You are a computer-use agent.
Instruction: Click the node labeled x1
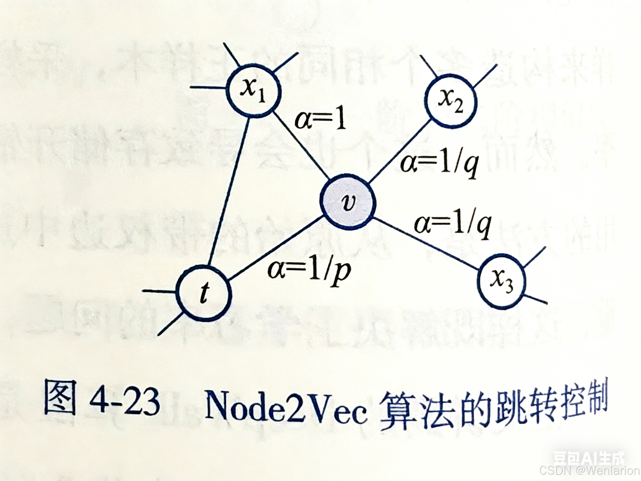[253, 92]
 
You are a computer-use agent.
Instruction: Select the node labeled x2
[450, 101]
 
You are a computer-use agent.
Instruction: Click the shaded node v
[348, 202]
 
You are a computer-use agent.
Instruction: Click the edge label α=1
[320, 120]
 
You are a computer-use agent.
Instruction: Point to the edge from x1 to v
[301, 145]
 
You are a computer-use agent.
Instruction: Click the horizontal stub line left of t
[159, 291]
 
